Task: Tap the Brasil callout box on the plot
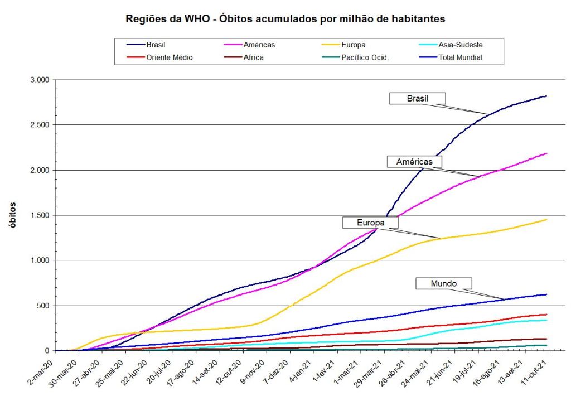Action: [x=417, y=98]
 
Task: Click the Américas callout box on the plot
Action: [x=414, y=161]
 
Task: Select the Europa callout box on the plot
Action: [x=371, y=223]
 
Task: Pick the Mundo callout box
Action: [x=444, y=283]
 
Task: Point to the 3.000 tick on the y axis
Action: [x=38, y=80]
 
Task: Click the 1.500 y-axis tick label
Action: [x=38, y=215]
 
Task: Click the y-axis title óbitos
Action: [x=12, y=215]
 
